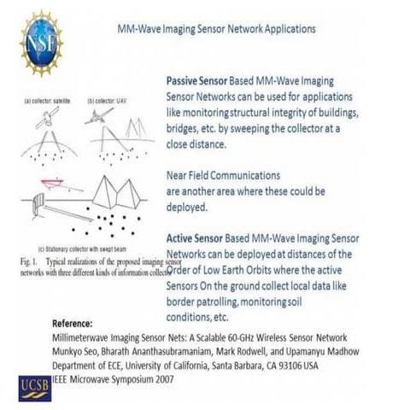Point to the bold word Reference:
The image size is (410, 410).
(x=77, y=325)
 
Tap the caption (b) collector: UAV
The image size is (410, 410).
(x=109, y=103)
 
